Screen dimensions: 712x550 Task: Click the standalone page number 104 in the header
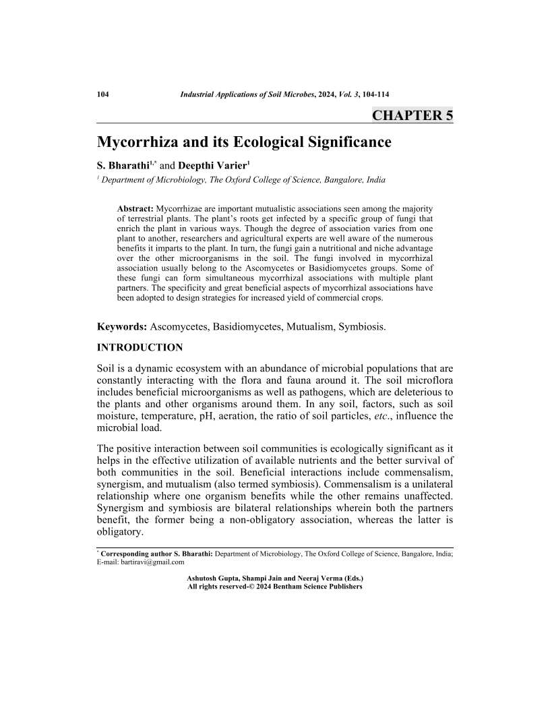(x=104, y=94)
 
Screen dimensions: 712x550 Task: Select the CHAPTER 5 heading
(x=413, y=115)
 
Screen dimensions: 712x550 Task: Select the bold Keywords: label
(x=122, y=327)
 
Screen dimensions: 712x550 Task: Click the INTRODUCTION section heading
(x=140, y=348)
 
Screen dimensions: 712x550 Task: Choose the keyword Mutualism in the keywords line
(x=302, y=327)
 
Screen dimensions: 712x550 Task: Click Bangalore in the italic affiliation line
(x=340, y=180)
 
